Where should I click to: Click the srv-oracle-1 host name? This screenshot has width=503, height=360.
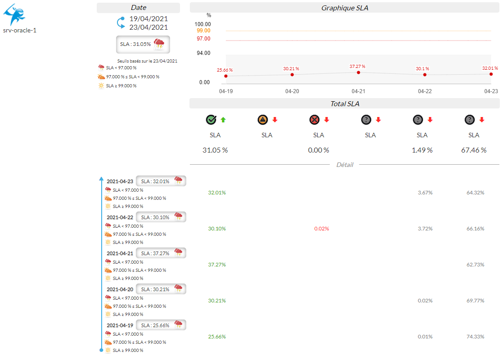19,31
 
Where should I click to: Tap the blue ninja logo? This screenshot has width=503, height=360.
14,14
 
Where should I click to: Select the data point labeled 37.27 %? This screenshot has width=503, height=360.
359,72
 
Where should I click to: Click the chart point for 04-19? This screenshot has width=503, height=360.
226,76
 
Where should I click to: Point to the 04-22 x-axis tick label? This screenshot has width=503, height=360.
425,91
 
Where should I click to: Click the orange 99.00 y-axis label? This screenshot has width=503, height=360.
203,31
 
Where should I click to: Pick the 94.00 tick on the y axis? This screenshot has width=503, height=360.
203,53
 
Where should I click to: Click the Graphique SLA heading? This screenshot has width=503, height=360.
345,8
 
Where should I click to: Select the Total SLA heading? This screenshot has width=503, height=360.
345,104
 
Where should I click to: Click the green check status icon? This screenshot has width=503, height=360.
211,120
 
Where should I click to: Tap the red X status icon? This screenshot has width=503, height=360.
314,120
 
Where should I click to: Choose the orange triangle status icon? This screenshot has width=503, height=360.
263,120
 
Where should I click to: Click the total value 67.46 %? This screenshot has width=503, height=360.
474,150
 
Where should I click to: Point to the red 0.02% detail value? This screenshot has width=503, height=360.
322,229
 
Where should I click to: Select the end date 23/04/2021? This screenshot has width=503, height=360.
148,27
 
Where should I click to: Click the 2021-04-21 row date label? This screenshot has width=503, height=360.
120,253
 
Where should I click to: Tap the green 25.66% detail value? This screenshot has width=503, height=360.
217,337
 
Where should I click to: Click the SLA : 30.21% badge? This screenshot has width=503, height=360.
161,289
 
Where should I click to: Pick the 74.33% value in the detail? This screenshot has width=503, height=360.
476,337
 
